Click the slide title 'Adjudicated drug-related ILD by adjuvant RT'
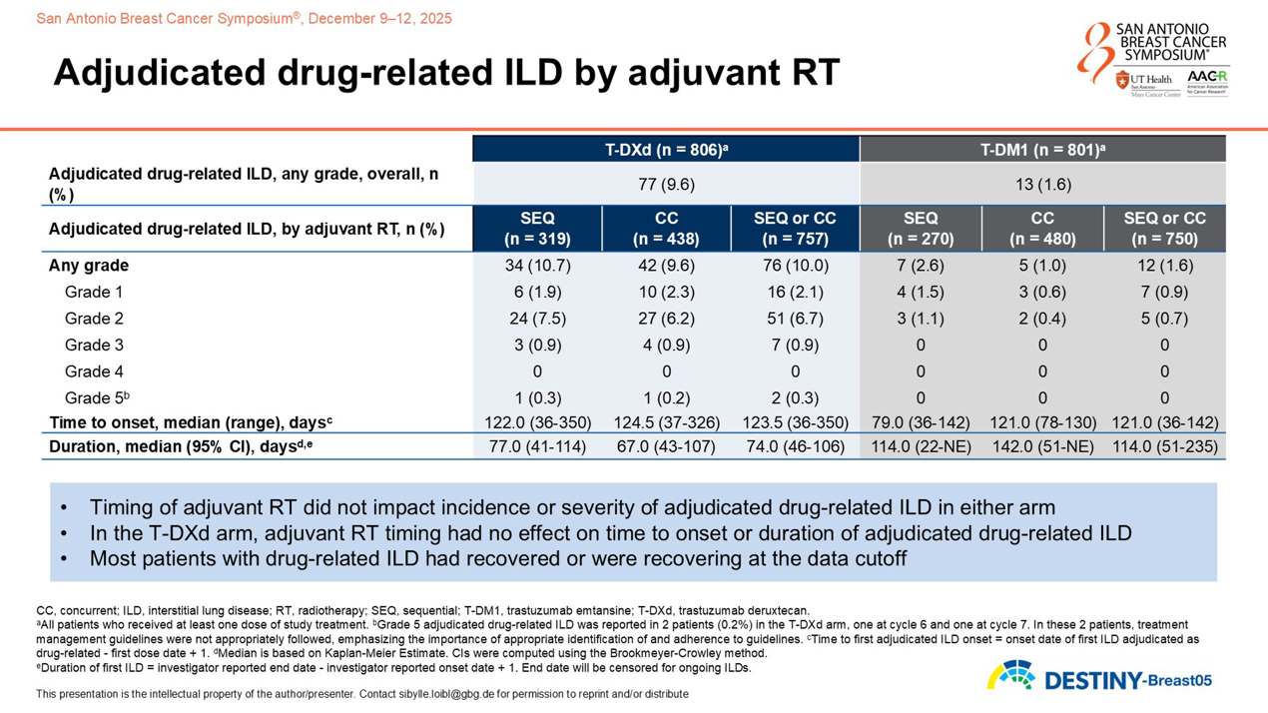(446, 73)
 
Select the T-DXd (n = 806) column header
(666, 150)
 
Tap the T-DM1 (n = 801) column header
(1042, 150)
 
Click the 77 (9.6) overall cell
(666, 185)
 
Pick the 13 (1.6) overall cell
(1042, 185)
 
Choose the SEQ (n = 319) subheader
(537, 229)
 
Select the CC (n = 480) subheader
(1042, 229)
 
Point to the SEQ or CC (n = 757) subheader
(795, 229)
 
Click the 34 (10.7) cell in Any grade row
(537, 266)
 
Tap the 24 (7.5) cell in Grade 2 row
(537, 319)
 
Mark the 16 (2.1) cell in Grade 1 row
(795, 293)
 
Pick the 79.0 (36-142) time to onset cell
(920, 422)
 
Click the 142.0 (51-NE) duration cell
(1042, 446)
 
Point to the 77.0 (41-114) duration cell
(537, 446)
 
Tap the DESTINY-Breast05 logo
(1098, 678)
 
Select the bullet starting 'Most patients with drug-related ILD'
(497, 558)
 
